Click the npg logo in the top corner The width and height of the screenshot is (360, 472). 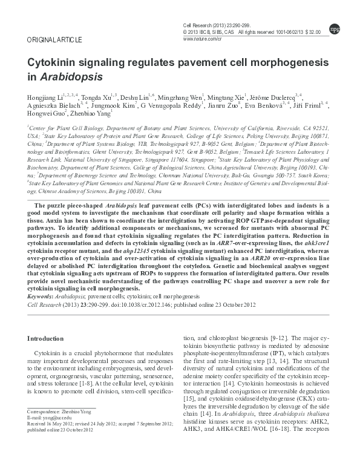click(333, 28)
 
